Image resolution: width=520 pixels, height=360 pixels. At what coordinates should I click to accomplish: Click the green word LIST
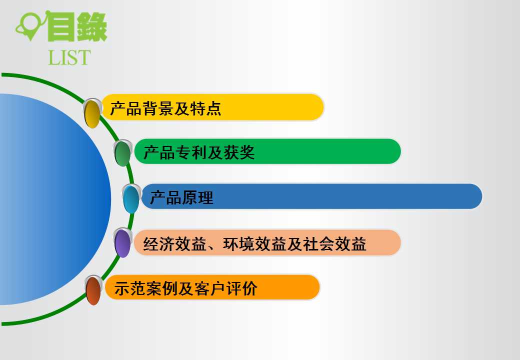(69, 57)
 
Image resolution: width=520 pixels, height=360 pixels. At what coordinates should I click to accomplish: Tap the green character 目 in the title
(61, 27)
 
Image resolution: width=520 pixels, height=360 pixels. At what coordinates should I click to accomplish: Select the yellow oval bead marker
(92, 113)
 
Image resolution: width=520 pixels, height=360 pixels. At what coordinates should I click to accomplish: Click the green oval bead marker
(122, 153)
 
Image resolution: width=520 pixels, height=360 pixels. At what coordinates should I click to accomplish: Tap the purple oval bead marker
(122, 243)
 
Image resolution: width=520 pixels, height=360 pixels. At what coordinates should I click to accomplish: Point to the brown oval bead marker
(93, 290)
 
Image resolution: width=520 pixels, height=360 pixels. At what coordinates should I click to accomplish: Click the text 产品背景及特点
(165, 108)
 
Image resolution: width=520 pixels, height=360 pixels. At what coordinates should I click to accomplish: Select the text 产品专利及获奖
(199, 152)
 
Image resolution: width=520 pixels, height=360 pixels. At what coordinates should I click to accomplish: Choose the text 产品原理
(181, 197)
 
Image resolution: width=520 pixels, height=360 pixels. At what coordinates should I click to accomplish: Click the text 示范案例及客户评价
(185, 288)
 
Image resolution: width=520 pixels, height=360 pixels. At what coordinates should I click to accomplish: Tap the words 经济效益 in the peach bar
(175, 244)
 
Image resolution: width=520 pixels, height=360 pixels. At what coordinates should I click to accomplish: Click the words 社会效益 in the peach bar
(335, 244)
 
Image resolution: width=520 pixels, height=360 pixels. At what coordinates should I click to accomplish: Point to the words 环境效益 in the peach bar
(254, 244)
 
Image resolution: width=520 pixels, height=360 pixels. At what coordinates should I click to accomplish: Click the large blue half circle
(55, 199)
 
